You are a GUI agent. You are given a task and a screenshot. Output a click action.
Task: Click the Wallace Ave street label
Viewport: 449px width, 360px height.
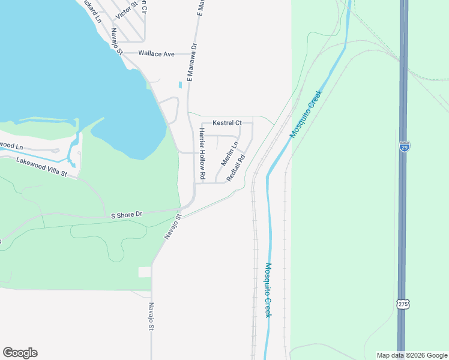coord(156,54)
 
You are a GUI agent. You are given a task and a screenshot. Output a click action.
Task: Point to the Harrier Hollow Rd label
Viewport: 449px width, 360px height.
coord(202,154)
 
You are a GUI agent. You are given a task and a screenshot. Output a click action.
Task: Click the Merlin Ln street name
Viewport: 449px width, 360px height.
coord(229,154)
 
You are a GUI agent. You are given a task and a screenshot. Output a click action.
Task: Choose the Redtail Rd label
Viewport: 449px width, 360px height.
coord(237,169)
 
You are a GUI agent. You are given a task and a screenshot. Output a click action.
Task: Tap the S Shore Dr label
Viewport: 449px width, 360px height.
coord(126,214)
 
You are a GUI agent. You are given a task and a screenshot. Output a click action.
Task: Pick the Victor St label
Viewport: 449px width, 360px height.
coord(127,10)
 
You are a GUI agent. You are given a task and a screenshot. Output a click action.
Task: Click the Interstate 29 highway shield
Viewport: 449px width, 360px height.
coord(404,146)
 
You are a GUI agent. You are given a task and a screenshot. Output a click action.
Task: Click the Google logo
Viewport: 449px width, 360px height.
coord(20,353)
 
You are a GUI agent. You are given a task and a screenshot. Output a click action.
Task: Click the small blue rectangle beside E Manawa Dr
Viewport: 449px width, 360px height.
coord(179,86)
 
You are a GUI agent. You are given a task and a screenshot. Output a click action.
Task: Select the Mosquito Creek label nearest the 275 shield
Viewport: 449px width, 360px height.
coord(268,290)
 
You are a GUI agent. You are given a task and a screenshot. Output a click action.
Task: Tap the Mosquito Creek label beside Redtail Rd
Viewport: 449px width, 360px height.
coord(306,114)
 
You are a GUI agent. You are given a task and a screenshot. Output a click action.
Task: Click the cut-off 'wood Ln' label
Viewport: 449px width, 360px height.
coord(11,146)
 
